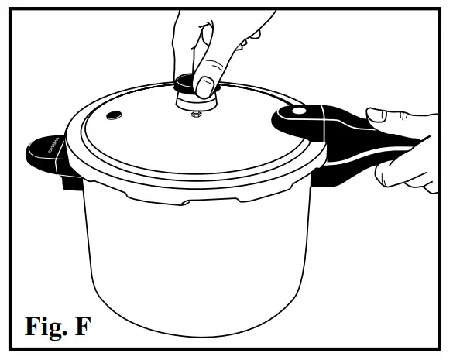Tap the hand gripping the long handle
[403, 143]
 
